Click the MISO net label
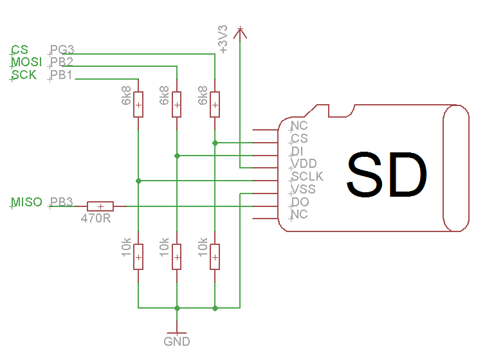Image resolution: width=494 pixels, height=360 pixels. click(x=26, y=203)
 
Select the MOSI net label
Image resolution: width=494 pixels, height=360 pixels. click(x=27, y=62)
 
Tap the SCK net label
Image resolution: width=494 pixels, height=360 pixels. click(x=24, y=75)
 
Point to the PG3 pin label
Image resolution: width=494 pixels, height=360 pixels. click(x=62, y=50)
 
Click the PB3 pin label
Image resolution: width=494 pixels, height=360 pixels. click(x=62, y=203)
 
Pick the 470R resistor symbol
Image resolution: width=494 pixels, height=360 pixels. click(x=100, y=206)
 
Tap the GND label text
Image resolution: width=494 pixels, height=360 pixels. click(x=177, y=341)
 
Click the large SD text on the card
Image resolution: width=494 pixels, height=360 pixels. click(x=387, y=175)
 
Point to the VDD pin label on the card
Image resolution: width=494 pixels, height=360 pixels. click(x=304, y=163)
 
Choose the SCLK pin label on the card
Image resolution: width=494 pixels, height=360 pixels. click(x=307, y=176)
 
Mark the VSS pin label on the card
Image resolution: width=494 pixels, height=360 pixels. click(x=303, y=189)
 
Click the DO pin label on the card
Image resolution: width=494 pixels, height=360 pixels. click(x=300, y=202)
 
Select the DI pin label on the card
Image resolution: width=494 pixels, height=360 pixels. click(x=297, y=151)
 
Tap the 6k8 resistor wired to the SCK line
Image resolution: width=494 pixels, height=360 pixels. click(x=138, y=104)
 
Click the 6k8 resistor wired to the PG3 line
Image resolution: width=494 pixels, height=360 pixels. click(x=215, y=104)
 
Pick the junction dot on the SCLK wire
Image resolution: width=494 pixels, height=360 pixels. click(x=138, y=181)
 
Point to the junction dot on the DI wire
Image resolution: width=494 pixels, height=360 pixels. click(x=177, y=155)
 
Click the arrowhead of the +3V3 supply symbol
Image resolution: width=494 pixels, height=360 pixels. click(x=240, y=31)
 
